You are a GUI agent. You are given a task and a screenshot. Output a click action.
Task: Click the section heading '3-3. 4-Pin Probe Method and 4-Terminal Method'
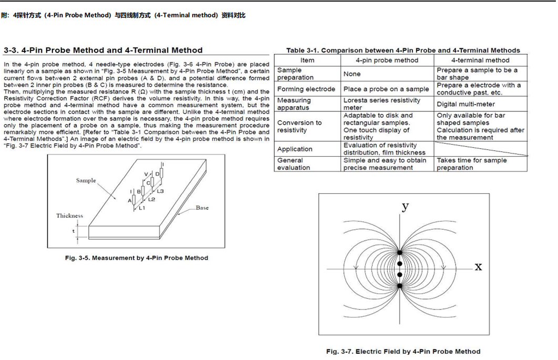pyautogui.click(x=103, y=50)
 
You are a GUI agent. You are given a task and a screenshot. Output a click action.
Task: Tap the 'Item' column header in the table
pyautogui.click(x=307, y=60)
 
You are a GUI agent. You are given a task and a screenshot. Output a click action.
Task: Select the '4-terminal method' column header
pyautogui.click(x=480, y=60)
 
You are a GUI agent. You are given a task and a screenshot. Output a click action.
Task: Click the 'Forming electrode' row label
pyautogui.click(x=306, y=89)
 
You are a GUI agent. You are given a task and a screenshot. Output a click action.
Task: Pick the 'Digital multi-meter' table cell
pyautogui.click(x=466, y=104)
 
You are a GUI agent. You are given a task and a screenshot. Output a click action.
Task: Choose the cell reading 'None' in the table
pyautogui.click(x=352, y=74)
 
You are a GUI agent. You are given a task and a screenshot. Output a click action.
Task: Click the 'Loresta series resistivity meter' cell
pyautogui.click(x=382, y=104)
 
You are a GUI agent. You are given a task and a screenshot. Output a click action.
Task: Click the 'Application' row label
pyautogui.click(x=295, y=149)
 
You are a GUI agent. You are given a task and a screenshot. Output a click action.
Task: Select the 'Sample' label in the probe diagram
pyautogui.click(x=86, y=180)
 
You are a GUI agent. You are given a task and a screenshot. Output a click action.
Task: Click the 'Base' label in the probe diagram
pyautogui.click(x=202, y=208)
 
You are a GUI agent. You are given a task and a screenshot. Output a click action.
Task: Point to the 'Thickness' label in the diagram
pyautogui.click(x=70, y=215)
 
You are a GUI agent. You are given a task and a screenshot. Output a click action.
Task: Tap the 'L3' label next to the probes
pyautogui.click(x=160, y=191)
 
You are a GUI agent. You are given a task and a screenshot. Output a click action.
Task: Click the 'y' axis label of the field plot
pyautogui.click(x=405, y=205)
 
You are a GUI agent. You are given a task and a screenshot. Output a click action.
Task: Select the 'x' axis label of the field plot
pyautogui.click(x=478, y=266)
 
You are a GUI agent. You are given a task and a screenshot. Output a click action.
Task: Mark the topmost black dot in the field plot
pyautogui.click(x=400, y=253)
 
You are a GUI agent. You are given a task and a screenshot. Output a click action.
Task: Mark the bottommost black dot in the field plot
pyautogui.click(x=400, y=286)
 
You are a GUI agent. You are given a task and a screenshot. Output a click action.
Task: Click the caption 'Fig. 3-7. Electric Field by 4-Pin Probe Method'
pyautogui.click(x=403, y=352)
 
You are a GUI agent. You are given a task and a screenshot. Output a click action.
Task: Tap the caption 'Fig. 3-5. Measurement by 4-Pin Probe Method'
pyautogui.click(x=137, y=258)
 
